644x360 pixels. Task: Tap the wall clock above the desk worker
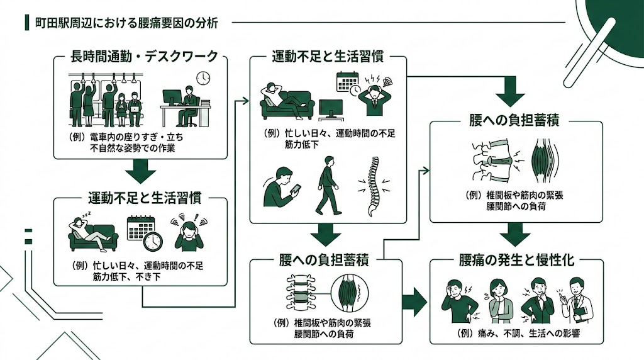tap(203, 77)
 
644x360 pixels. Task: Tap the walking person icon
tap(326, 189)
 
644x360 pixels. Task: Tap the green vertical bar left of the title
tap(26, 23)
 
